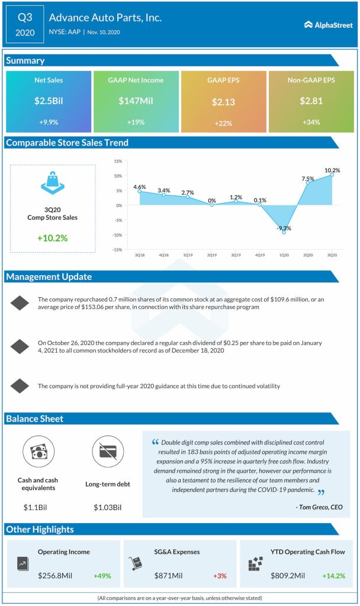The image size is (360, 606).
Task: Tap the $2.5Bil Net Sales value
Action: pos(49,101)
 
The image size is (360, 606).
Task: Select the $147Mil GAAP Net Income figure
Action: pos(136,101)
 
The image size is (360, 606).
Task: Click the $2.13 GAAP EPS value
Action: pos(223,102)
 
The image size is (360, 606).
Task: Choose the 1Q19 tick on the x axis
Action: pos(188,255)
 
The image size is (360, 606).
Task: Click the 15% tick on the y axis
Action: pos(118,161)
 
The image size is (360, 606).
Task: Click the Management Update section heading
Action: pos(49,276)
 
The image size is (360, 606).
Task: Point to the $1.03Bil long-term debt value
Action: pos(107,507)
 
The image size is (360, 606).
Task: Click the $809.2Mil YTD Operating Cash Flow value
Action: pos(288,575)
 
